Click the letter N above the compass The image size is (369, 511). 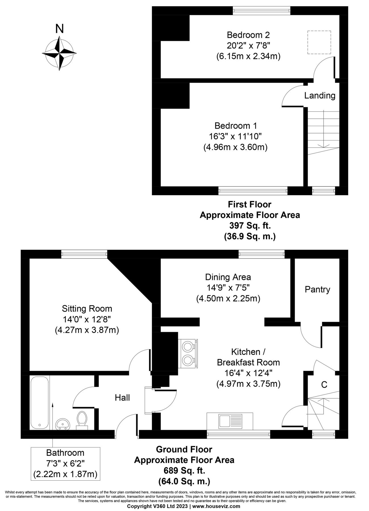point(59,29)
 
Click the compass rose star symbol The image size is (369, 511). point(59,53)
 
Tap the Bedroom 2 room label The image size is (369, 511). point(248,35)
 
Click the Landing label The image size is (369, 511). point(320,96)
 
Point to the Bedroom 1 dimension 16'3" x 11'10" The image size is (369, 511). point(235,137)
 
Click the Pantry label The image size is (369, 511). point(317,290)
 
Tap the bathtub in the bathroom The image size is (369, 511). point(39,403)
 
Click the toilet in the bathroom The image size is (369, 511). point(82,420)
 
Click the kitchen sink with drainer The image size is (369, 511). point(230,421)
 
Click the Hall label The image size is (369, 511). point(122,398)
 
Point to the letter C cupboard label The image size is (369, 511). point(324,385)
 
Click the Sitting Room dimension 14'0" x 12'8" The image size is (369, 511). point(87,319)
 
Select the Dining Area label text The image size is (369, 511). point(228,277)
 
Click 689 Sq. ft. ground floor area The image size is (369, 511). point(184,471)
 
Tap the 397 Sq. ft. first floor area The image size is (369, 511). point(250,226)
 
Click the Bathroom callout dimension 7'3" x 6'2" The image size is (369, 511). point(65,463)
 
